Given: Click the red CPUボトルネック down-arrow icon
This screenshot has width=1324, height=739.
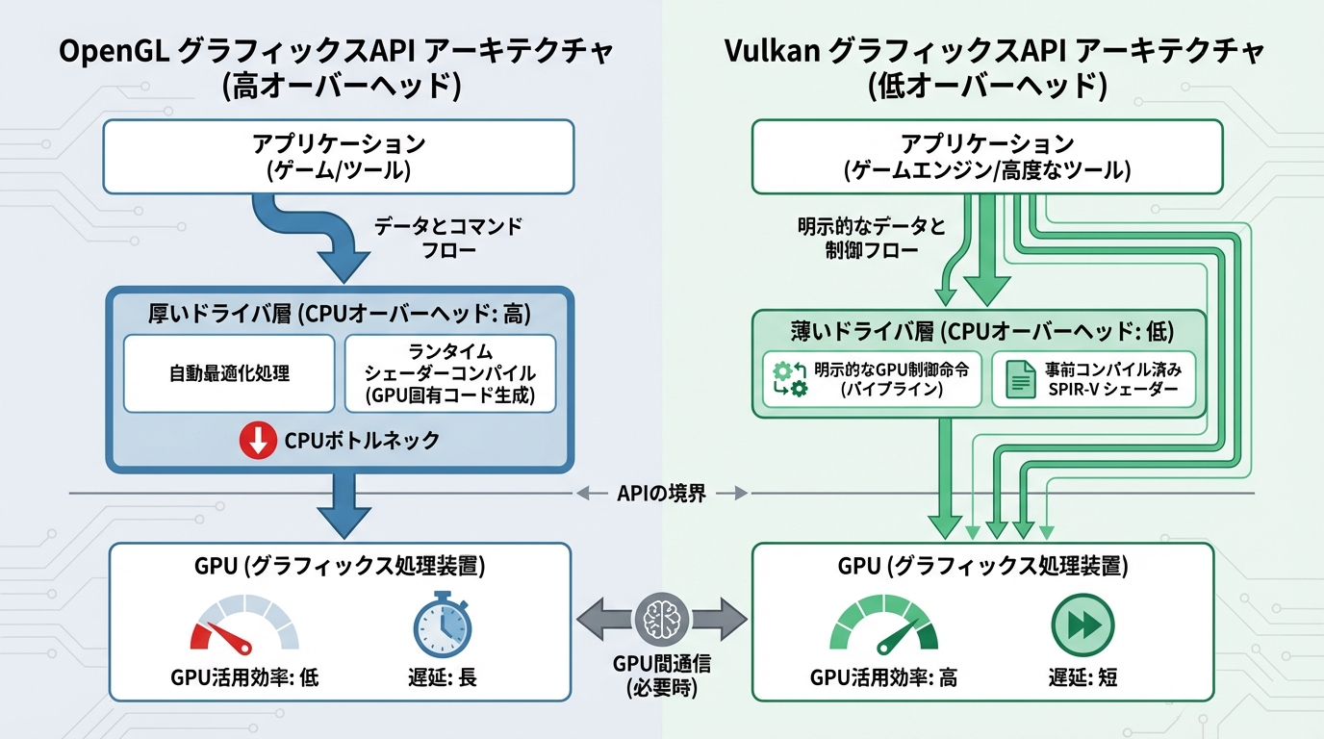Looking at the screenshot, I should [x=259, y=441].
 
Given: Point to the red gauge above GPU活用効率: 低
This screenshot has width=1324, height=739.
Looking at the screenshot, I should [x=242, y=625].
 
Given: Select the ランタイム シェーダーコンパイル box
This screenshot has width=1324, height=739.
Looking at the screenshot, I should [x=450, y=373].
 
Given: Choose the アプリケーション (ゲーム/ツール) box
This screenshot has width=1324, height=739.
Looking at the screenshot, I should [x=339, y=157].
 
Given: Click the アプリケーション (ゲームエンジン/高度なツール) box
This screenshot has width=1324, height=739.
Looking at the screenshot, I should [x=986, y=157].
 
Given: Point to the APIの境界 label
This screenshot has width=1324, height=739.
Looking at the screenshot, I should [x=662, y=494].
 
